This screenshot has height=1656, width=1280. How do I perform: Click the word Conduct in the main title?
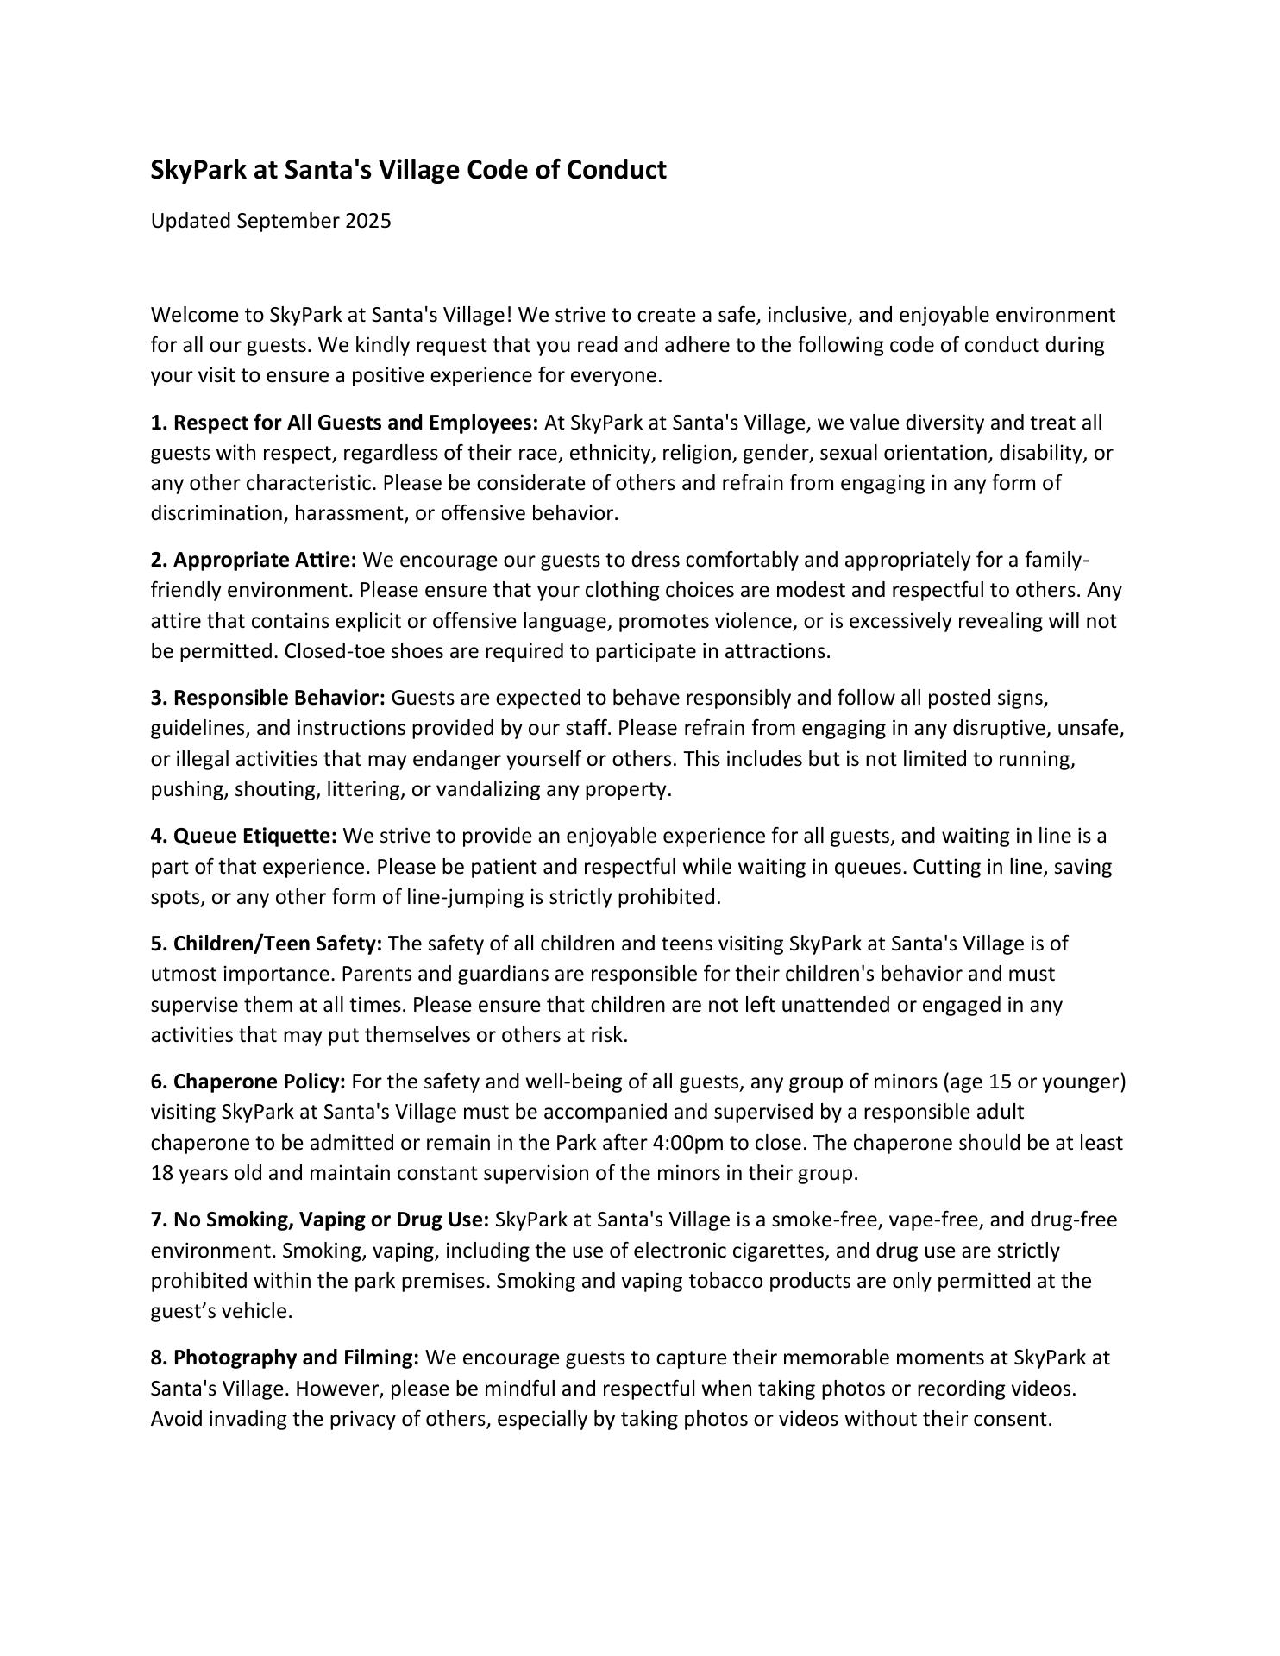tap(616, 170)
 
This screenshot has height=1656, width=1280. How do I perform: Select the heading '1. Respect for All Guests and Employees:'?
tap(344, 423)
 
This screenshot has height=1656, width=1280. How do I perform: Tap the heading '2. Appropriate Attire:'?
tap(254, 561)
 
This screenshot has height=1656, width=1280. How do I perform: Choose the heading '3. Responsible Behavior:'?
tap(267, 698)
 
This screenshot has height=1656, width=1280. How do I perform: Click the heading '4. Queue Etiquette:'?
tap(244, 836)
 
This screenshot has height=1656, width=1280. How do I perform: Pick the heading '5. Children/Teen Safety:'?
tap(267, 944)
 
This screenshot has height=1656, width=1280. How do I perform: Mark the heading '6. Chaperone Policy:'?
tap(248, 1082)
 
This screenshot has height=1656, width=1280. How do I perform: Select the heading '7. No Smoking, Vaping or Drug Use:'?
tap(320, 1220)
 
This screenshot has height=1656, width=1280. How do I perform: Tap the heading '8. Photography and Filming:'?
tap(285, 1358)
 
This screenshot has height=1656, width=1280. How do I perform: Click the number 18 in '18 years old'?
tap(162, 1173)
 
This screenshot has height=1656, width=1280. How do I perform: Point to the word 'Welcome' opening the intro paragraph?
tap(190, 315)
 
